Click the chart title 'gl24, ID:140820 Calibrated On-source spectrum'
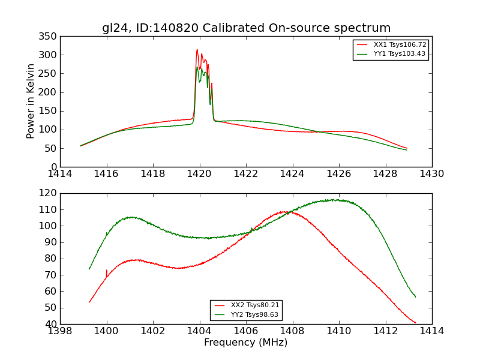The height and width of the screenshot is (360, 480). (246, 28)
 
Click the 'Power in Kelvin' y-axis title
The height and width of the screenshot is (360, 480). (31, 101)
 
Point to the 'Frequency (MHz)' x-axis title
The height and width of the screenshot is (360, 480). (246, 343)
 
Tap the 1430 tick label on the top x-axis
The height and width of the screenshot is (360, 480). (431, 174)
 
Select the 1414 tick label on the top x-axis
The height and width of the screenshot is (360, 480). (60, 174)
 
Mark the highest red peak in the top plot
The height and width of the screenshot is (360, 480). (197, 50)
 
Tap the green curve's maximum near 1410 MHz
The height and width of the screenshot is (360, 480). (336, 200)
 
